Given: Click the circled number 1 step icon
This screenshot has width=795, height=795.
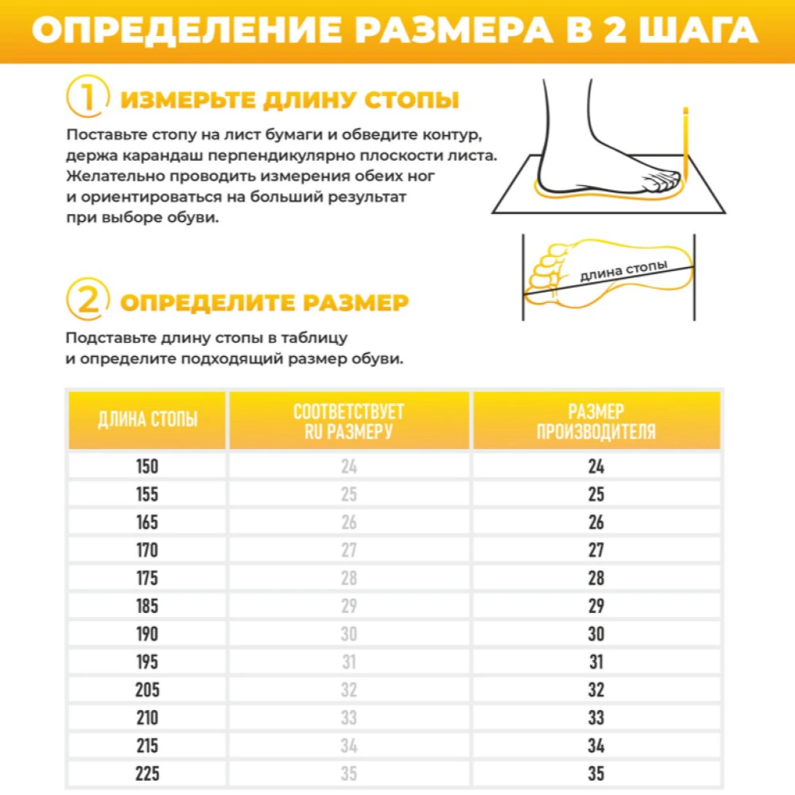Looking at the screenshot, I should tap(87, 99).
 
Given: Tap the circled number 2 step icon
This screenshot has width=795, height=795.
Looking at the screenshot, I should tap(87, 301).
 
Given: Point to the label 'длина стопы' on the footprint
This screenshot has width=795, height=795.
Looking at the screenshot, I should tap(623, 270).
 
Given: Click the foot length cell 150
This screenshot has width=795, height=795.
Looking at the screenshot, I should tap(147, 467).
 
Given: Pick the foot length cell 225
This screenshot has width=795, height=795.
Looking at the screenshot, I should tap(147, 774).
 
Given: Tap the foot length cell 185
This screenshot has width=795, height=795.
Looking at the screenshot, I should tap(147, 606).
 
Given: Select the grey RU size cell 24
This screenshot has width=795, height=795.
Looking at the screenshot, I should tap(348, 467).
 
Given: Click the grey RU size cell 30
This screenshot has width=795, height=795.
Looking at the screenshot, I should tap(348, 634).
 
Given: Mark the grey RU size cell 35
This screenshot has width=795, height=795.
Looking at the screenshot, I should tap(348, 774).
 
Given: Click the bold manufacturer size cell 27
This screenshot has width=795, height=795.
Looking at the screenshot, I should tap(596, 550).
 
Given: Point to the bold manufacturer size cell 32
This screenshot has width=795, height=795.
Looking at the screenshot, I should tap(596, 690).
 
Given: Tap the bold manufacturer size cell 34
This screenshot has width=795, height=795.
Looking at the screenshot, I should tap(596, 746).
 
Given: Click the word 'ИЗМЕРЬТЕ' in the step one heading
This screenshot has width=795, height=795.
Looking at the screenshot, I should tap(188, 100).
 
